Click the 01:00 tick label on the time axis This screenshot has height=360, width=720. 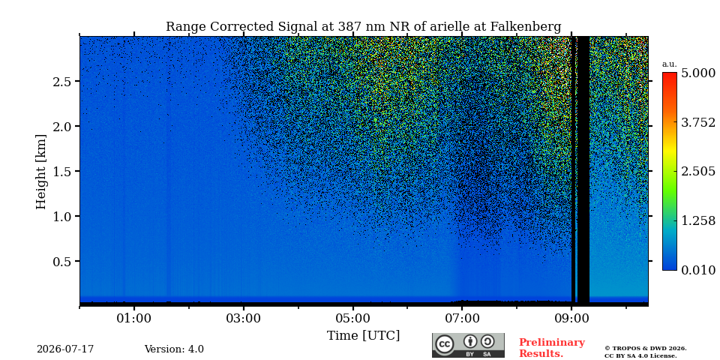(134, 318)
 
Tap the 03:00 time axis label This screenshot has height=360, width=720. (243, 318)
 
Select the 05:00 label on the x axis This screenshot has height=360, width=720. (352, 318)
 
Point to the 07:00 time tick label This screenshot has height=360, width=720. (462, 318)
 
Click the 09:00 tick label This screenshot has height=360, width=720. (571, 318)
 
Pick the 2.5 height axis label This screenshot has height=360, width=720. (62, 81)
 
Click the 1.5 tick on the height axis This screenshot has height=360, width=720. (62, 171)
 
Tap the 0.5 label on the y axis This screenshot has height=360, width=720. (62, 261)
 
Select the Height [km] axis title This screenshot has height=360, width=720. (41, 172)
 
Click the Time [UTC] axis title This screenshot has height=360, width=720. (363, 336)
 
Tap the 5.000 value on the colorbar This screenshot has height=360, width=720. (698, 73)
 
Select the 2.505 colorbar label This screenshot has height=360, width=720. (698, 172)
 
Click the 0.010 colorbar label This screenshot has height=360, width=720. (698, 270)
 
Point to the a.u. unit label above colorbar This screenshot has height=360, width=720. (670, 64)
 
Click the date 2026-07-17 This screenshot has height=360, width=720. (65, 349)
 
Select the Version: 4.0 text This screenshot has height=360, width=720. (174, 349)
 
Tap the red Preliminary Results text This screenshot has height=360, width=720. (552, 348)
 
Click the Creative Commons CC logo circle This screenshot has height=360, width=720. (445, 344)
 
